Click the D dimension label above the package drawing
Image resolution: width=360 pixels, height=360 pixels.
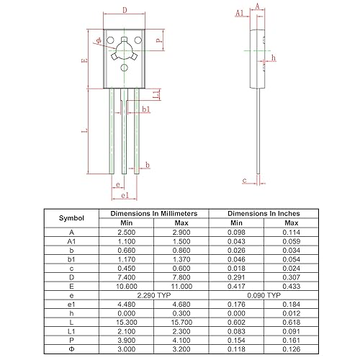click(125, 11)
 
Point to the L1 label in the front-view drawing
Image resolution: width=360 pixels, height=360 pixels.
click(156, 95)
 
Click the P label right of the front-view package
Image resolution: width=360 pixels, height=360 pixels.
click(158, 42)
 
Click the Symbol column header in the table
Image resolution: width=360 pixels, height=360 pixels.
click(71, 218)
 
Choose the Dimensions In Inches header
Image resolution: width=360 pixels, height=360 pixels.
click(264, 214)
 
